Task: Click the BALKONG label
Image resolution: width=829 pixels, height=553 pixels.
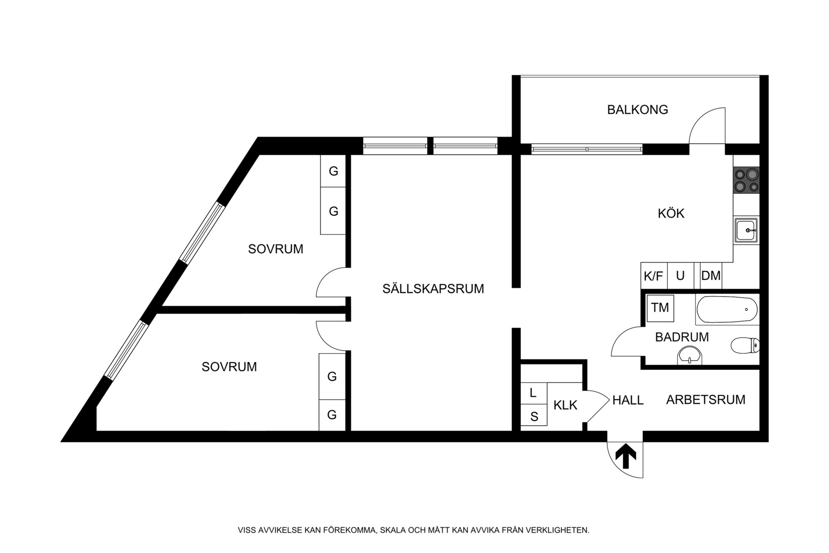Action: (x=637, y=110)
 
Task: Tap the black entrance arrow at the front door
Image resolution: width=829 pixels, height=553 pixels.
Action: (x=625, y=456)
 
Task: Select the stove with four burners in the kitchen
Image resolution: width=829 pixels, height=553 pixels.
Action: (x=746, y=180)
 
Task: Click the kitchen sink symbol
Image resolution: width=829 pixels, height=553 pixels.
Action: (x=746, y=230)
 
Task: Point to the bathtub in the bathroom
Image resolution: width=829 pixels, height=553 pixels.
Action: (x=727, y=310)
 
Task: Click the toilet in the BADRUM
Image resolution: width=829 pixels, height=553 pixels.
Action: (x=745, y=345)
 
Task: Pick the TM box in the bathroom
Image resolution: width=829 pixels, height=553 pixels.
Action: (x=660, y=308)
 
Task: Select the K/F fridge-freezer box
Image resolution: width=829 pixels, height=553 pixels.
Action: (x=653, y=276)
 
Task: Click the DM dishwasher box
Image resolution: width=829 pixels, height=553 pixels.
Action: (x=711, y=276)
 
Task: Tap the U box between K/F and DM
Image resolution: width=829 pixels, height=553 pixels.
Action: (x=680, y=276)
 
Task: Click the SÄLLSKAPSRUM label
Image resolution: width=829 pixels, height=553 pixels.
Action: (x=433, y=289)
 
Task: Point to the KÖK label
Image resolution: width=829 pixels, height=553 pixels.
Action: (x=671, y=214)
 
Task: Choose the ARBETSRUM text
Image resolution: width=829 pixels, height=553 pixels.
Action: (x=706, y=400)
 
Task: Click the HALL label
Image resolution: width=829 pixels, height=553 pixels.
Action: (x=628, y=400)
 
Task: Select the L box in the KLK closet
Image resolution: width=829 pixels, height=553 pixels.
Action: (x=533, y=393)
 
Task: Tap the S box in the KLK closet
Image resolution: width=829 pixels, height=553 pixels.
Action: (x=534, y=416)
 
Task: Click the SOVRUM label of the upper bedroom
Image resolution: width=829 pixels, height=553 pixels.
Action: (x=276, y=249)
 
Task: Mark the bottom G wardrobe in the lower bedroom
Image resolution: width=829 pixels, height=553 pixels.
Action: (x=332, y=415)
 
